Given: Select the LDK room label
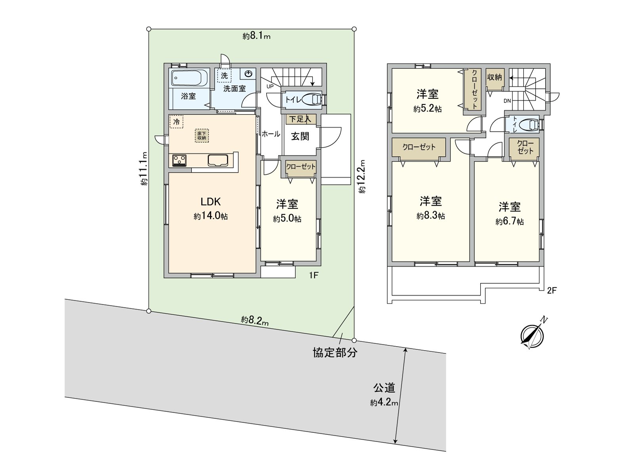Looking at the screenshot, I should (x=210, y=202).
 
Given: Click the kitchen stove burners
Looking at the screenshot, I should (x=180, y=161).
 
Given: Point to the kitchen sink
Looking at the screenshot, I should (x=218, y=160).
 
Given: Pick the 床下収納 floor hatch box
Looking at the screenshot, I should (x=202, y=136).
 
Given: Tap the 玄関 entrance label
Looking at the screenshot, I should (x=300, y=136).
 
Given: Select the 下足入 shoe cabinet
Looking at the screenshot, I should (x=300, y=119).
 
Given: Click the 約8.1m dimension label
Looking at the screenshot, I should (x=256, y=36).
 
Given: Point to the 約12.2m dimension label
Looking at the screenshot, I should (x=362, y=176).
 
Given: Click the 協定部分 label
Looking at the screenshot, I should (x=335, y=353).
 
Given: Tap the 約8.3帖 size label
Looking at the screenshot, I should (x=431, y=216).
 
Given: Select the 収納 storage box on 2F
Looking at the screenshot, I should (x=495, y=78).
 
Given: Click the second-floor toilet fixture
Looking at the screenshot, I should (x=530, y=125).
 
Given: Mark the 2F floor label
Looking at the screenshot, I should (x=552, y=291).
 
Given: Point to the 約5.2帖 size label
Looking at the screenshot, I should (x=428, y=109).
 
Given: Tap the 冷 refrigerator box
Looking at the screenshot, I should (x=176, y=122).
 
